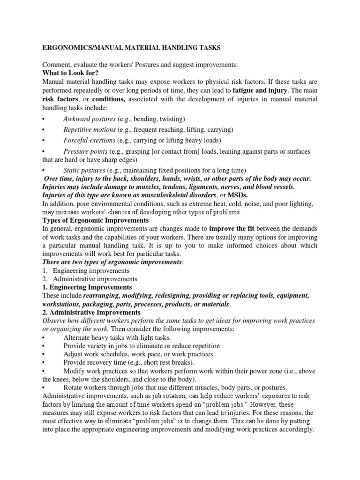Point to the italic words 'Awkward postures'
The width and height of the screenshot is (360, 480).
click(x=89, y=119)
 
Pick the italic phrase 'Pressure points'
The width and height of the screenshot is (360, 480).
click(x=85, y=152)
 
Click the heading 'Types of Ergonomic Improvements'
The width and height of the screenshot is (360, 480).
click(x=96, y=220)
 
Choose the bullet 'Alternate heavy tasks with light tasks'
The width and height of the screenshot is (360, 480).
click(x=117, y=337)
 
